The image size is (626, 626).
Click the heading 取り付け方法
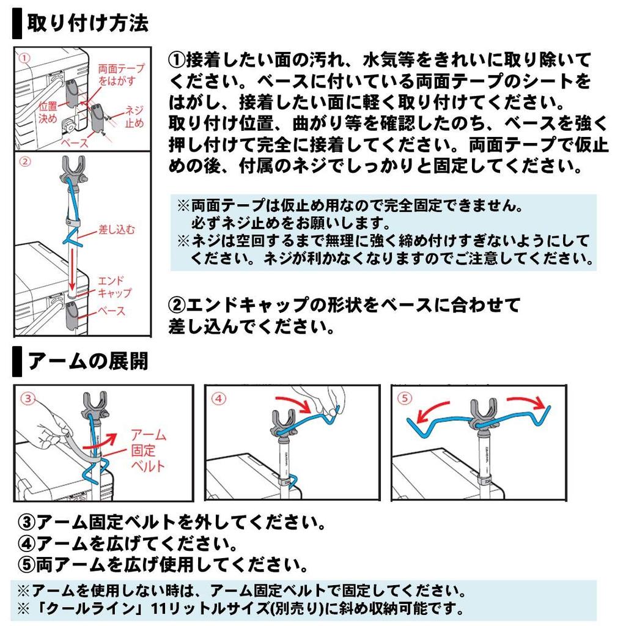88,23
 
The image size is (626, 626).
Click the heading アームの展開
88,361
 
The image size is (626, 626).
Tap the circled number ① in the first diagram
24,58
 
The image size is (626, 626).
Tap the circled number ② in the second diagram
24,161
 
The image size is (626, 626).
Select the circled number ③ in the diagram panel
28,398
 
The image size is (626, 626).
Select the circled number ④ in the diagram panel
219,399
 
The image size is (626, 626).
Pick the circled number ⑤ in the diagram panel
405,398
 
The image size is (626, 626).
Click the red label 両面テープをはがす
121,75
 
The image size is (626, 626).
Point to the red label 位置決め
48,112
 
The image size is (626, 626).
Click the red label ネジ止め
134,116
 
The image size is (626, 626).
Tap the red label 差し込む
117,230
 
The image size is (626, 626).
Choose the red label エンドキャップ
114,287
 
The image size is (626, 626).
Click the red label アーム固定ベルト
148,451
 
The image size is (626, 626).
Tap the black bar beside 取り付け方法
17,24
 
